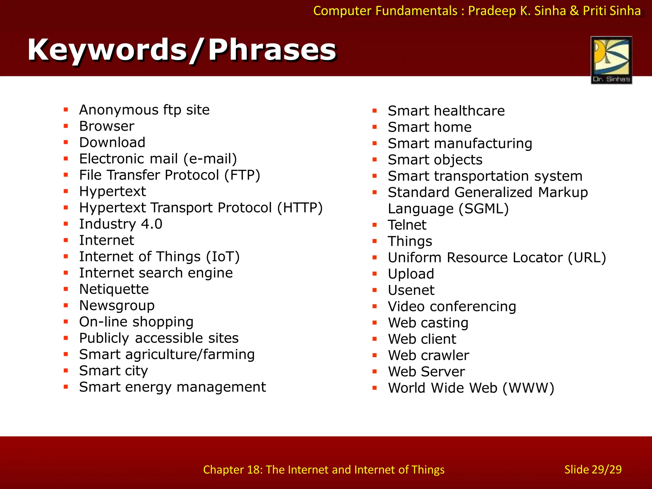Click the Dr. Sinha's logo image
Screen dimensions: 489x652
[x=611, y=60]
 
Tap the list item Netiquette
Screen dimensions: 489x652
[x=114, y=289]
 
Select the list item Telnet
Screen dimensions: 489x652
[x=407, y=225]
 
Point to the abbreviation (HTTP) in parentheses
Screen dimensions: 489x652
[x=300, y=208]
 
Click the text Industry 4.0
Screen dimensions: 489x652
[x=121, y=224]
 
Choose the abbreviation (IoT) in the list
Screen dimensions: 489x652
[x=223, y=257]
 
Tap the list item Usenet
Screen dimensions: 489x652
[x=411, y=290]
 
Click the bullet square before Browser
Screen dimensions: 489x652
[x=66, y=126]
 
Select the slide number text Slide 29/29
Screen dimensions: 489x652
[x=593, y=470]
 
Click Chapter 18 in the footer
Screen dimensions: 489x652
[x=233, y=470]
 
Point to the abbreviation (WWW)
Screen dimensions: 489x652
[x=528, y=388]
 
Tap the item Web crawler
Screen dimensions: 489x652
[x=428, y=356]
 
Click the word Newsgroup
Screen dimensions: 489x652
[x=117, y=306]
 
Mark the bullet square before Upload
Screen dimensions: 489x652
[x=375, y=274]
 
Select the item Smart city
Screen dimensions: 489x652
[x=113, y=371]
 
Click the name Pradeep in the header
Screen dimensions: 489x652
[x=492, y=11]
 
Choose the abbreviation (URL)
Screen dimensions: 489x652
[x=587, y=258]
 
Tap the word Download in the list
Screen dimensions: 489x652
[x=112, y=143]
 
